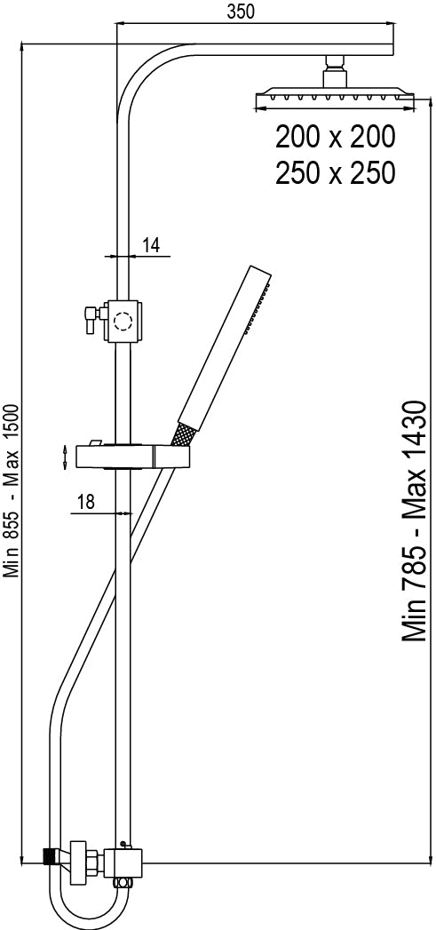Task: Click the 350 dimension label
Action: pyautogui.click(x=241, y=11)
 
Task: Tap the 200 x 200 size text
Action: pyautogui.click(x=335, y=139)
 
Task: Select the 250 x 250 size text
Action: pyautogui.click(x=335, y=173)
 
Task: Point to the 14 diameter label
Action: pyautogui.click(x=152, y=245)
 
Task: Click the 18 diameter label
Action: pyautogui.click(x=87, y=503)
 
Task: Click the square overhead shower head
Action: pyautogui.click(x=335, y=98)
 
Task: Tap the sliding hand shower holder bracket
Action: pyautogui.click(x=133, y=457)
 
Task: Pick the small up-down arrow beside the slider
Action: pyautogui.click(x=64, y=458)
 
